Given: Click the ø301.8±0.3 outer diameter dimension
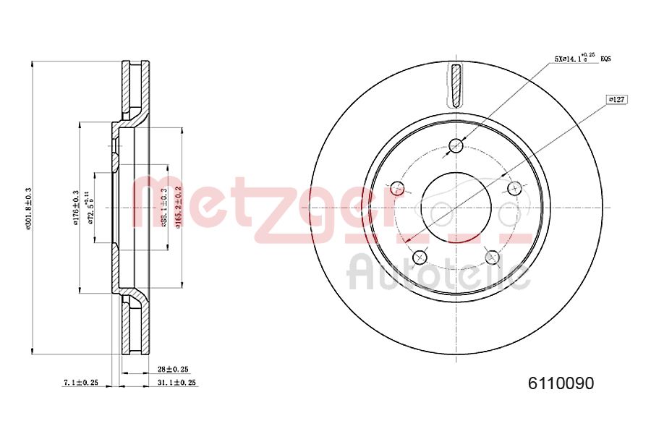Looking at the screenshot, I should [28, 209].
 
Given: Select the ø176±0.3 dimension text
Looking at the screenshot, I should [75, 208].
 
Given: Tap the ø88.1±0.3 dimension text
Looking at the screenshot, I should [164, 208].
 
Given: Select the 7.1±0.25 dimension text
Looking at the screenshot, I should [80, 382].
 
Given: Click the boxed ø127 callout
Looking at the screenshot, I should [616, 99].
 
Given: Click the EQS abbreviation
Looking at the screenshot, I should [605, 60].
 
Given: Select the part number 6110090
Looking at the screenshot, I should [557, 383].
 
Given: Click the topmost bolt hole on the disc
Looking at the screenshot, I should [456, 146].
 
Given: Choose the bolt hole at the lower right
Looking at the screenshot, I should [492, 257].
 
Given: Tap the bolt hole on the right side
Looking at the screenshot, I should [514, 190].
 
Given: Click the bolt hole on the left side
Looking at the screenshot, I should [397, 189].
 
